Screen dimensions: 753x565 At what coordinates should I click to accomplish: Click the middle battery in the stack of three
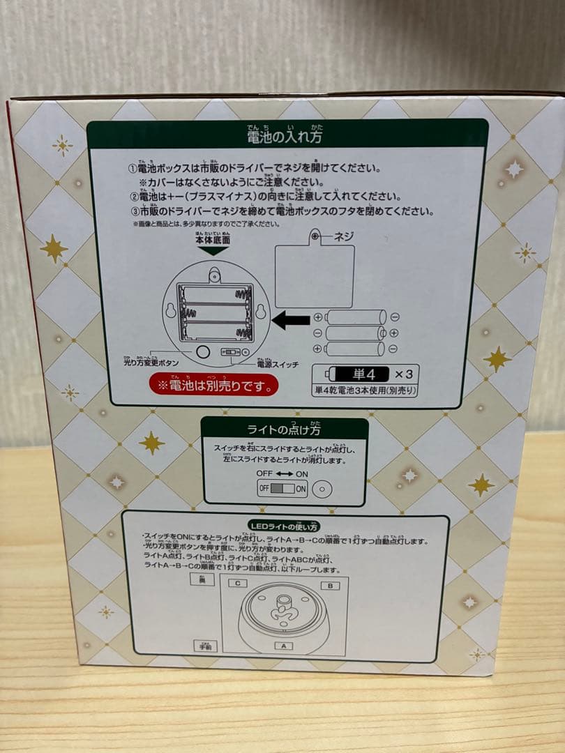pos(355,333)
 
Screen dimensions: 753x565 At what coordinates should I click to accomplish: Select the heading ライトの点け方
pos(285,429)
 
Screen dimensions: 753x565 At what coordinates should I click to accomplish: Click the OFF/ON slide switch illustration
pos(282,489)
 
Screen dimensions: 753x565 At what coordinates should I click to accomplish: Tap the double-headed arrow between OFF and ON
pos(282,473)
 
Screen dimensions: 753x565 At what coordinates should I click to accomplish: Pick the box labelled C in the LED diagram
pos(238,582)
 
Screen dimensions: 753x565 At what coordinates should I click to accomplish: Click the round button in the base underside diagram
pos(202,351)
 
